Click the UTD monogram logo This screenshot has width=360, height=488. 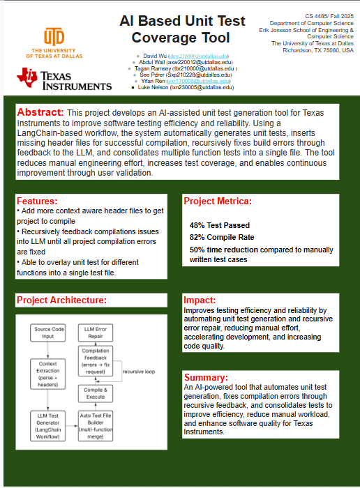(54, 36)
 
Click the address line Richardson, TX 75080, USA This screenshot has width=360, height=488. (317, 51)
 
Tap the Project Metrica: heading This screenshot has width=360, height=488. (217, 201)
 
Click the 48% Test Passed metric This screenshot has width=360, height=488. (219, 226)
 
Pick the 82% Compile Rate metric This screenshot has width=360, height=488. (222, 237)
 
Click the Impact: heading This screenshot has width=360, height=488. (203, 300)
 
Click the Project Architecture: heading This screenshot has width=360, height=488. (61, 300)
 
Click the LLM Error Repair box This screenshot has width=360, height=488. (95, 332)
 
